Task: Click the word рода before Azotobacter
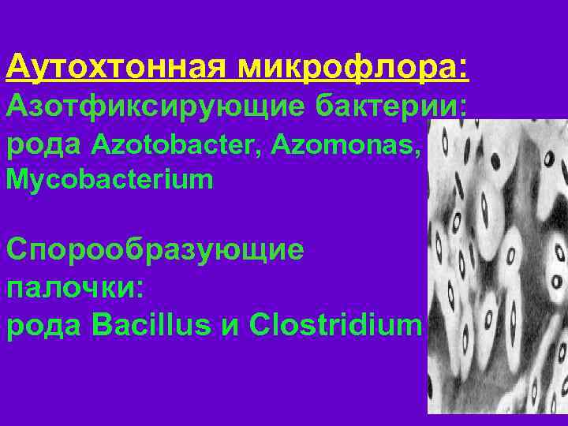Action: [x=45, y=144]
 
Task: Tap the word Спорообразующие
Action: [x=155, y=250]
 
